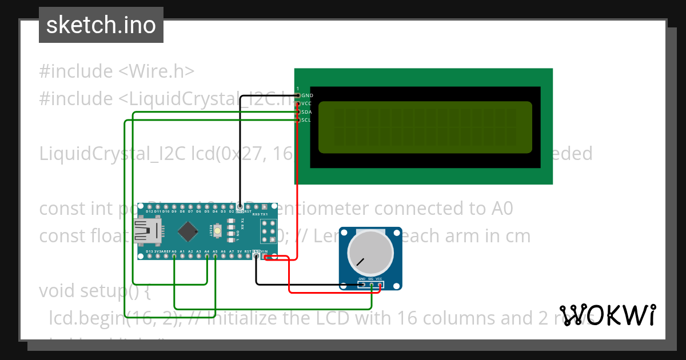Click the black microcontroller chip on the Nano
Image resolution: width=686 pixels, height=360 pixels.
tap(188, 231)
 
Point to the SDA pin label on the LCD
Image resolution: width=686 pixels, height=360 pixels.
tap(307, 112)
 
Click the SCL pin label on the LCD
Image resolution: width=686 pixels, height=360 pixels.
tap(307, 120)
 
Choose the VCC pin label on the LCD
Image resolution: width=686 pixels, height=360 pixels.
tap(307, 103)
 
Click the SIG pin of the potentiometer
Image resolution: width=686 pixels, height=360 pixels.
tap(372, 284)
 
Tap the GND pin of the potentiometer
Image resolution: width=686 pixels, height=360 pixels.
tap(362, 284)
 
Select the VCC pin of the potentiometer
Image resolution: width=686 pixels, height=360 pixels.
tap(380, 284)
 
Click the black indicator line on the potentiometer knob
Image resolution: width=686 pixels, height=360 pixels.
tap(360, 262)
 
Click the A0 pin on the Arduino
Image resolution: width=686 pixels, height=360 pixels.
tap(174, 257)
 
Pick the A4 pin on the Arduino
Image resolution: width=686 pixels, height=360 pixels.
tap(207, 257)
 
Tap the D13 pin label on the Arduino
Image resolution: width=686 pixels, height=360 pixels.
tap(149, 251)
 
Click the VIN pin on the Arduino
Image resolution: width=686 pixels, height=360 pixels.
tap(265, 257)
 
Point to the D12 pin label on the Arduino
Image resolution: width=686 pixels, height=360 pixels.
tap(149, 211)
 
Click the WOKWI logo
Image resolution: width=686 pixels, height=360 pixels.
tap(607, 315)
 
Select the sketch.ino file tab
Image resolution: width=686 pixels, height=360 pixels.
tap(101, 25)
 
